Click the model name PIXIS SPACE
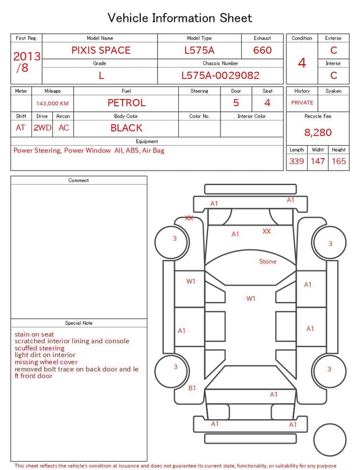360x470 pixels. [x=101, y=50]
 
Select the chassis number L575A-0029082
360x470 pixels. [x=220, y=75]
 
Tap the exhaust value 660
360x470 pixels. [x=262, y=50]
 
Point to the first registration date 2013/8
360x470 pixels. [x=26, y=62]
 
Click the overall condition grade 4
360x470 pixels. [x=302, y=63]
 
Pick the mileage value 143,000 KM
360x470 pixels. [x=52, y=104]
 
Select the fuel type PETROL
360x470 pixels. [x=127, y=103]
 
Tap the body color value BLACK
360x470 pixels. [x=127, y=128]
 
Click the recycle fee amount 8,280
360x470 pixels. [x=318, y=132]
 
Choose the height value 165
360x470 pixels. [x=339, y=161]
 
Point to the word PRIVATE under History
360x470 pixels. [x=302, y=102]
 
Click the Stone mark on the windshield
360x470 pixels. [x=268, y=261]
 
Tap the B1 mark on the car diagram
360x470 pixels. [x=192, y=388]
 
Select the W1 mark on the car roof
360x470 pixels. [x=251, y=298]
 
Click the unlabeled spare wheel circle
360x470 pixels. [x=330, y=440]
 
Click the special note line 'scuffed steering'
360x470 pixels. [x=39, y=348]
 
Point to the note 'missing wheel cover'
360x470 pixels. [x=46, y=362]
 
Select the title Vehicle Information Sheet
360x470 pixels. [x=179, y=18]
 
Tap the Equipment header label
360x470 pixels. [x=147, y=141]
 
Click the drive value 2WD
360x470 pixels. [x=42, y=128]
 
